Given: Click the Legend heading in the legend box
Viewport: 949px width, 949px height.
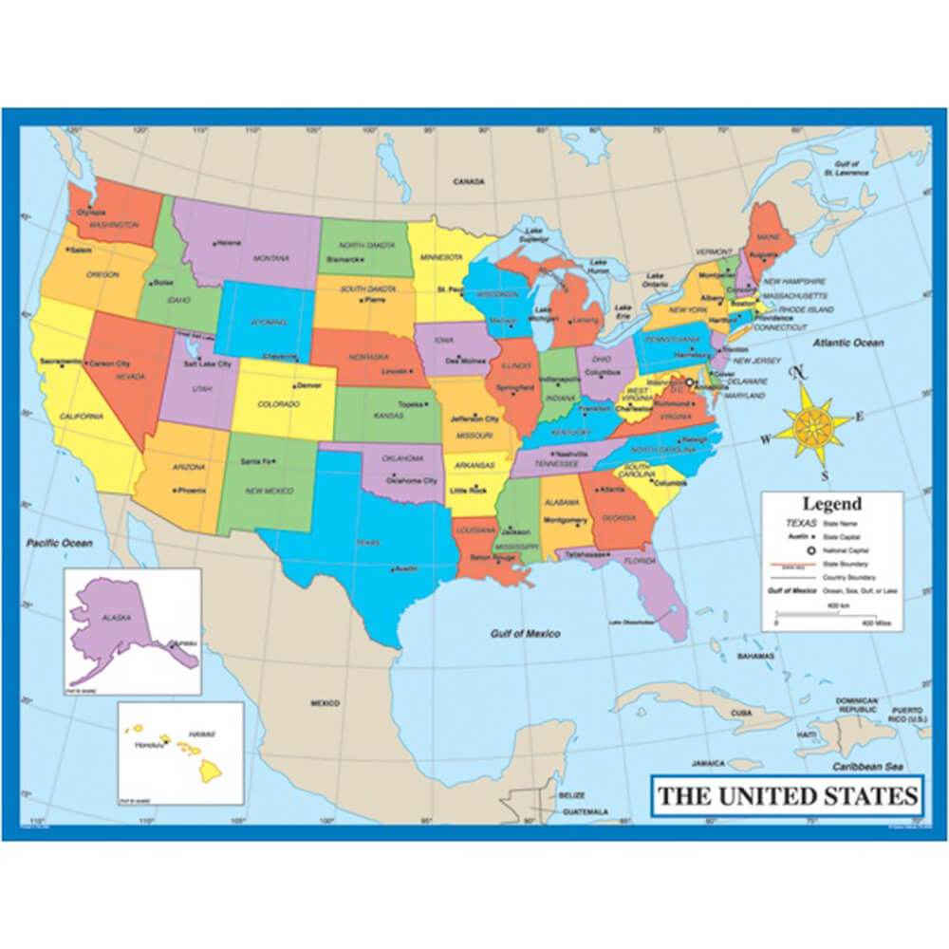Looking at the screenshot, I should tap(831, 504).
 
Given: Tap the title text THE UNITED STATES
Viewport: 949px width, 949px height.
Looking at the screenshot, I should tap(788, 795).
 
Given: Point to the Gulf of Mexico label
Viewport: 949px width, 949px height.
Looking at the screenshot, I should tap(525, 634).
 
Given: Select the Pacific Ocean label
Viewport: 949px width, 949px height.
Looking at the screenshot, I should tap(59, 543).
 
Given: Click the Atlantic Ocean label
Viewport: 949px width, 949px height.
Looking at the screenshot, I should tap(847, 343).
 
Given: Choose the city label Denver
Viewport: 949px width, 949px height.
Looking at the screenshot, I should tap(308, 385).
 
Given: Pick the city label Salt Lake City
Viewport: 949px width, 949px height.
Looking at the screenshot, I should tap(208, 363).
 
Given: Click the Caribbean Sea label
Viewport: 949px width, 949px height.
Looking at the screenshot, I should tap(867, 766).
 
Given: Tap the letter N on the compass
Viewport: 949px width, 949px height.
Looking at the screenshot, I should tap(799, 372).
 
